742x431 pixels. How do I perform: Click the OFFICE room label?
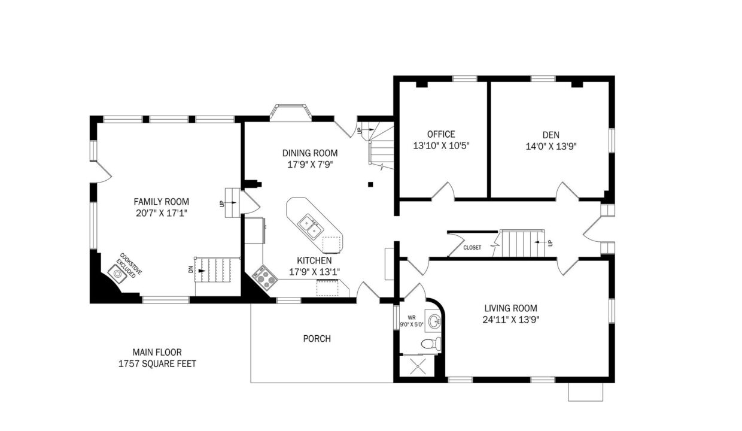(x=441, y=134)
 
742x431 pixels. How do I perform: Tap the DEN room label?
(x=551, y=135)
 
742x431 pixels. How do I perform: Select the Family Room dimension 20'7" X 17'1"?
(x=162, y=213)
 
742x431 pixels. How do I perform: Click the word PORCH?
(x=317, y=339)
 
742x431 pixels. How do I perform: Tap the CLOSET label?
(x=472, y=247)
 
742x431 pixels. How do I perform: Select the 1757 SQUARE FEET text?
(x=157, y=364)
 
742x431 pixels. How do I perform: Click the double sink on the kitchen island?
(x=311, y=226)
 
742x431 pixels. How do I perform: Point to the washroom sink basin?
(x=434, y=320)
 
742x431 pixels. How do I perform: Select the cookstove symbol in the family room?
(x=117, y=274)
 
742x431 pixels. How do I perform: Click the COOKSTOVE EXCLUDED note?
(x=129, y=265)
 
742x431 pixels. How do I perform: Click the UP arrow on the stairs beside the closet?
(x=540, y=242)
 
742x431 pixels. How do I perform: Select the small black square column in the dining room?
(x=370, y=184)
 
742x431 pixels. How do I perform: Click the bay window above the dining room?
(x=290, y=111)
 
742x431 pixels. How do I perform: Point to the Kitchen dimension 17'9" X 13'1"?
(x=314, y=272)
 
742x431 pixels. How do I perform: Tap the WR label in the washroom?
(x=412, y=317)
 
